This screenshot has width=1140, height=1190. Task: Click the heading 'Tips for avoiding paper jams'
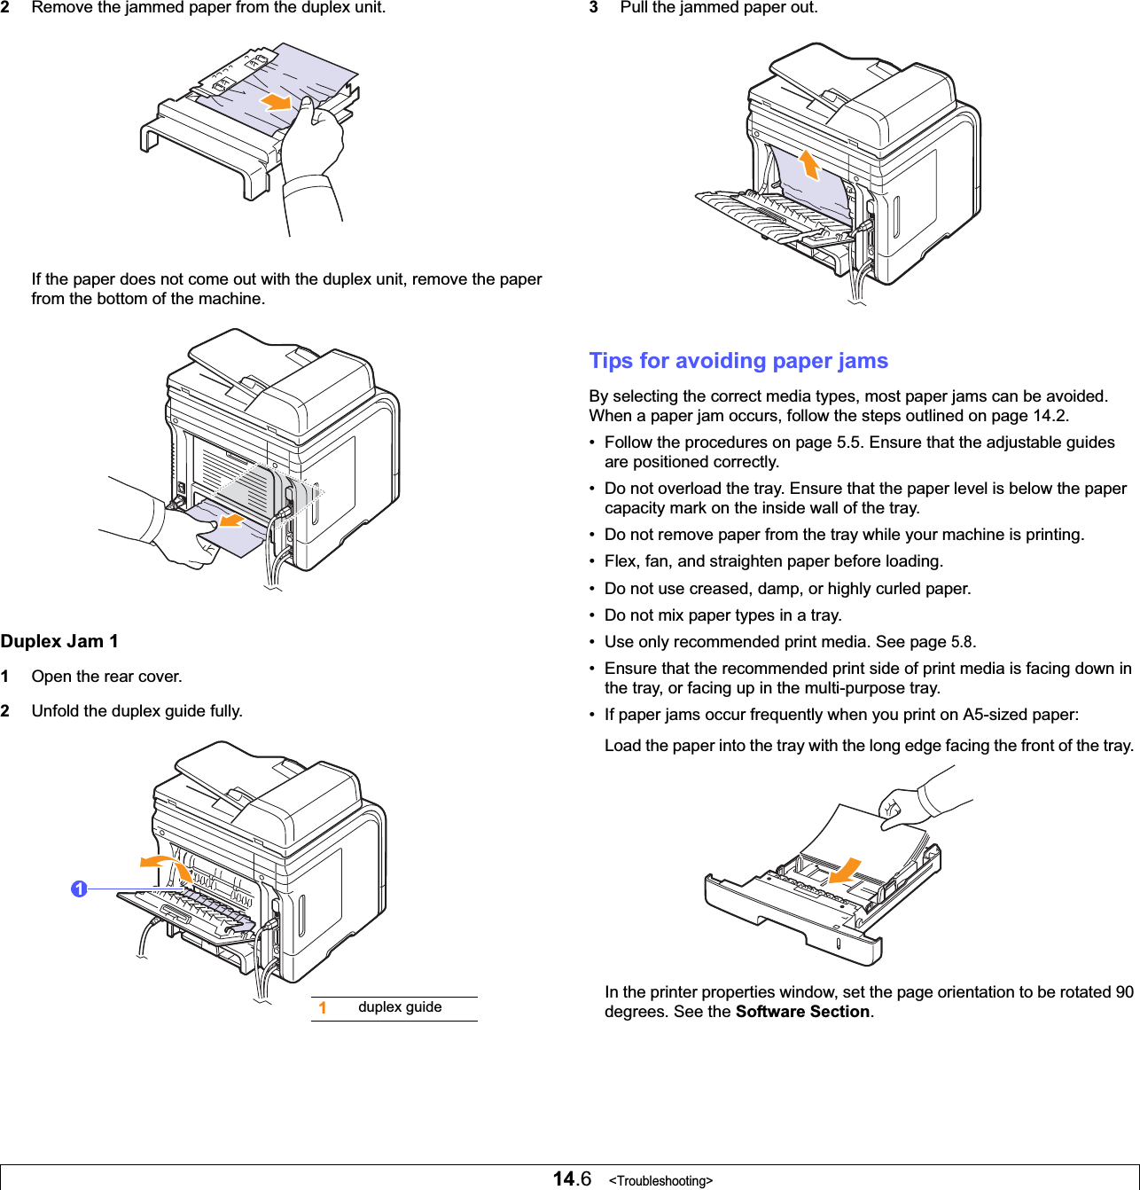coord(738,361)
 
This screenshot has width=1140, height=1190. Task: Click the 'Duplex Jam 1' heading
coord(59,641)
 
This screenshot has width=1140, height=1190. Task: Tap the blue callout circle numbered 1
coord(79,889)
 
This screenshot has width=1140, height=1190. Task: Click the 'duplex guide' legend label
coord(400,1007)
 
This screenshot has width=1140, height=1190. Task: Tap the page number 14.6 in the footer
coord(572,1178)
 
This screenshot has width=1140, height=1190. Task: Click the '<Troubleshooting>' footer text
coord(660,1180)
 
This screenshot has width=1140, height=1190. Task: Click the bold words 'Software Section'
coord(802,1012)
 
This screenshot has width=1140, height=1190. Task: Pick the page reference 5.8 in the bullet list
coord(962,642)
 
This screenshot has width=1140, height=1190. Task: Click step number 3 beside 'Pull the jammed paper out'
coord(594,7)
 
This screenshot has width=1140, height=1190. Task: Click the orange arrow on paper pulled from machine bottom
coord(231,519)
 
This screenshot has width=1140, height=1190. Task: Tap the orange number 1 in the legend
coord(323,1008)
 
